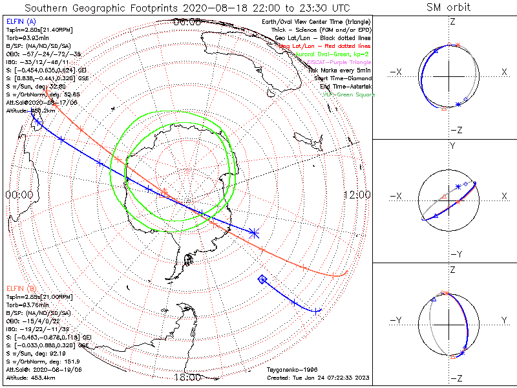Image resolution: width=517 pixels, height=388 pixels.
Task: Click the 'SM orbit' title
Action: [448, 8]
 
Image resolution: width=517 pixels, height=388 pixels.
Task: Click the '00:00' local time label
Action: [19, 195]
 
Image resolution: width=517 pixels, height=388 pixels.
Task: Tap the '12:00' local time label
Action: [357, 195]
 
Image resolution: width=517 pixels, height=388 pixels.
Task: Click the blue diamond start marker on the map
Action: [262, 279]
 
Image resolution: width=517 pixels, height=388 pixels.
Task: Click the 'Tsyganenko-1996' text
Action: [289, 370]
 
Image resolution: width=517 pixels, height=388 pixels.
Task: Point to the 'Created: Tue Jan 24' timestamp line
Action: [318, 378]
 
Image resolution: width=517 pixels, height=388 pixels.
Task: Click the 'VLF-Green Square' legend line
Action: [348, 94]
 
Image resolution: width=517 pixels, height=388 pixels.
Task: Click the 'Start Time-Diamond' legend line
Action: [343, 78]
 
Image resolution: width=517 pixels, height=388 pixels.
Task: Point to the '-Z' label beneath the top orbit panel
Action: [456, 130]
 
